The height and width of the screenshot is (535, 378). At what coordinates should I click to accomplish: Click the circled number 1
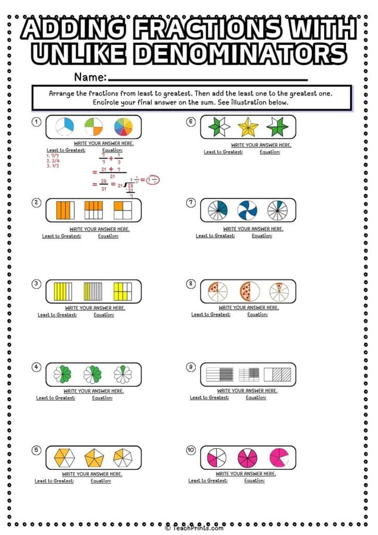point(37,122)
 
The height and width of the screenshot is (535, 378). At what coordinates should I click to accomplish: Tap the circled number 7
point(191,202)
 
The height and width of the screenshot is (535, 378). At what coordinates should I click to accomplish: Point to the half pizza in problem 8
point(249,292)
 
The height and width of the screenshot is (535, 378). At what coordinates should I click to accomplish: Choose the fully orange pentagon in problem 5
point(94,458)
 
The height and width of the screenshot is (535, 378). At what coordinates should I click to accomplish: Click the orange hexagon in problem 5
point(64,458)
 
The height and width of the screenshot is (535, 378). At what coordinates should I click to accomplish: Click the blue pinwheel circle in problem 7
point(247,210)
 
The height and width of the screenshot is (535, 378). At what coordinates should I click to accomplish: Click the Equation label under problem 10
point(254,481)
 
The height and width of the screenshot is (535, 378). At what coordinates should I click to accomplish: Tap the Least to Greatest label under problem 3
point(57,315)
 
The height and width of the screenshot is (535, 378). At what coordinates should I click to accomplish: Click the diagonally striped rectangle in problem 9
point(276,375)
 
